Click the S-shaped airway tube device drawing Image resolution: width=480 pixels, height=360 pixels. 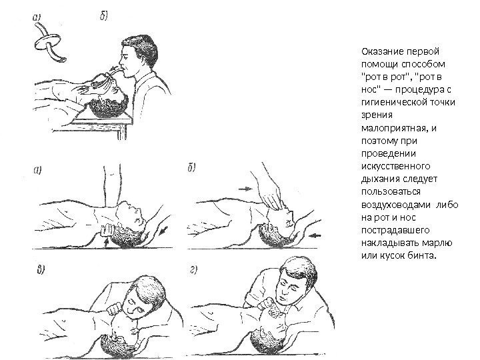tap(49, 43)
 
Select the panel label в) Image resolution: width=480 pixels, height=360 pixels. tap(41, 270)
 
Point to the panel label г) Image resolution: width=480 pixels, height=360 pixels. tap(193, 269)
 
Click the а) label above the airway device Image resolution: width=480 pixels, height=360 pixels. tap(37, 17)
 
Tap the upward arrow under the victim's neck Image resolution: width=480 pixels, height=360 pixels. tap(106, 243)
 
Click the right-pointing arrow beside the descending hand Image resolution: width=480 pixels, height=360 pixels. tap(245, 189)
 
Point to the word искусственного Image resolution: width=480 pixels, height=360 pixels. tap(396, 166)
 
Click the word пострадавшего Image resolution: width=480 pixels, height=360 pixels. tap(395, 230)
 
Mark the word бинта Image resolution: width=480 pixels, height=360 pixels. tap(421, 255)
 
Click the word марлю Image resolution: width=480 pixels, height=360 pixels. tap(437, 243)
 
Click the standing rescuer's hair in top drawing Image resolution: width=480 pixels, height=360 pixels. tap(141, 46)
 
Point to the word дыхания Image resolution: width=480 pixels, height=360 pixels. tap(380, 179)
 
